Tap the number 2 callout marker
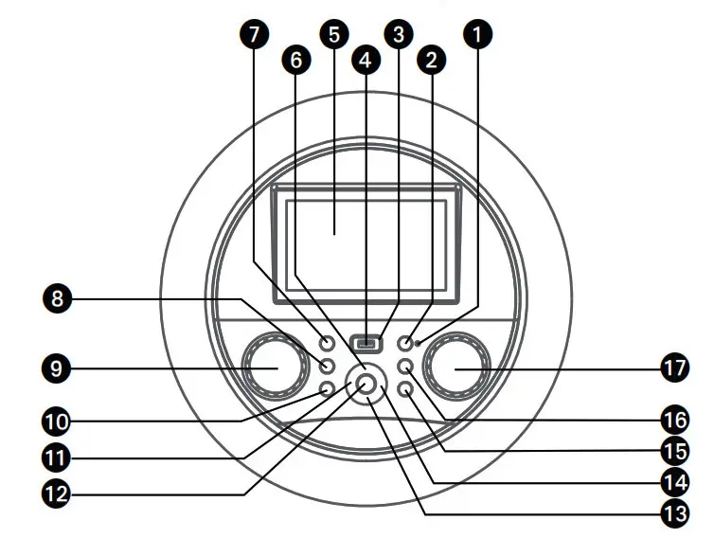coord(432,60)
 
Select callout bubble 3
coord(399,34)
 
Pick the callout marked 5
coord(332,34)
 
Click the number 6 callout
coord(297,60)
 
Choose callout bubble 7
coord(252,34)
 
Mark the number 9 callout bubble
coord(58,368)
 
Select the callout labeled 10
coord(58,419)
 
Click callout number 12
coord(58,493)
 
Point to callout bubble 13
coord(673,517)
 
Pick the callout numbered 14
coord(673,481)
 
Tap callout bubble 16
coord(673,418)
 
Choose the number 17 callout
coord(673,368)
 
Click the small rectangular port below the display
coord(366,342)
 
